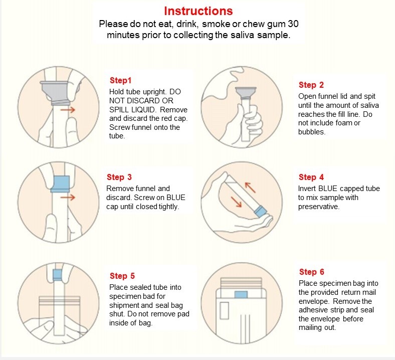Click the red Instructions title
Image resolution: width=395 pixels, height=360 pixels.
coord(199,11)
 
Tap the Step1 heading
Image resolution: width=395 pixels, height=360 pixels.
coord(120,81)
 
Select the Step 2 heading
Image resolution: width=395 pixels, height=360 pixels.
coord(311,85)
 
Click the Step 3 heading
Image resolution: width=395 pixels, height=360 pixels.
coord(119,177)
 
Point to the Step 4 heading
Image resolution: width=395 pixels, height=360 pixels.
coord(311,177)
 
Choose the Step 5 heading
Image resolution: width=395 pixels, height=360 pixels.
coord(122,276)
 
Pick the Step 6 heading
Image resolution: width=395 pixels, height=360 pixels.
coord(312,272)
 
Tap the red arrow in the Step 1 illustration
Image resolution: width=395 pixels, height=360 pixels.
coord(68,110)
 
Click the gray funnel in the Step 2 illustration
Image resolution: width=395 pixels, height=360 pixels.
coord(246,92)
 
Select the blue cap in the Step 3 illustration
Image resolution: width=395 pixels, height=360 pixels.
coord(60,184)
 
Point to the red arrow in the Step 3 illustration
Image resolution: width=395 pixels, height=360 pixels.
coord(68,197)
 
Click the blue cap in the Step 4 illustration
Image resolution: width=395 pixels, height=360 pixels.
coord(260,211)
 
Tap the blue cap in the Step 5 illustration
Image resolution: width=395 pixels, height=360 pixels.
coord(58,275)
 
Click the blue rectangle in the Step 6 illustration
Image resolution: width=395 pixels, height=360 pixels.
coord(241,295)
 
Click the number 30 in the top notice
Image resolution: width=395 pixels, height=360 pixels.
coord(293,24)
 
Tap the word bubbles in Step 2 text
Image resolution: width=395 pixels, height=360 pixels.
coord(312,132)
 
